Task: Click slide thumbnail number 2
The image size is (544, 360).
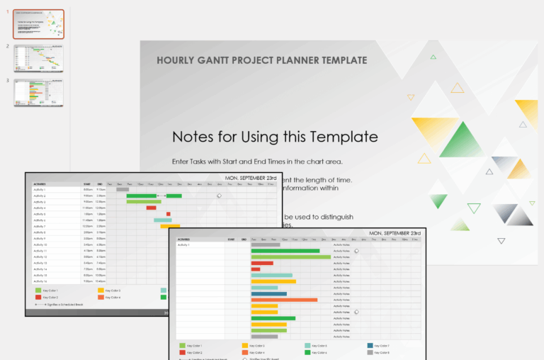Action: [38, 58]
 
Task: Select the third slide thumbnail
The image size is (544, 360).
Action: [38, 93]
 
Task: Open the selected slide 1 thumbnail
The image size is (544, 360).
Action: [38, 24]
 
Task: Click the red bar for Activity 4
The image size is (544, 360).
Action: [151, 208]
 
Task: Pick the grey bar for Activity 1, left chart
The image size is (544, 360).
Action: [123, 189]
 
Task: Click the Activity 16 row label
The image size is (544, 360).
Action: [40, 281]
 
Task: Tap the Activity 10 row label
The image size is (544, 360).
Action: [40, 244]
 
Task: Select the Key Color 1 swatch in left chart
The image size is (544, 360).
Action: [38, 291]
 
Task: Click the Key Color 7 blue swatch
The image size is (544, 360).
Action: [370, 346]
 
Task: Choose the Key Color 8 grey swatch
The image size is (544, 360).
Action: [370, 352]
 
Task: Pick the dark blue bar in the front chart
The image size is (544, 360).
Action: [268, 293]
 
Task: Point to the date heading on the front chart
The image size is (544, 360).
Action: [395, 233]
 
